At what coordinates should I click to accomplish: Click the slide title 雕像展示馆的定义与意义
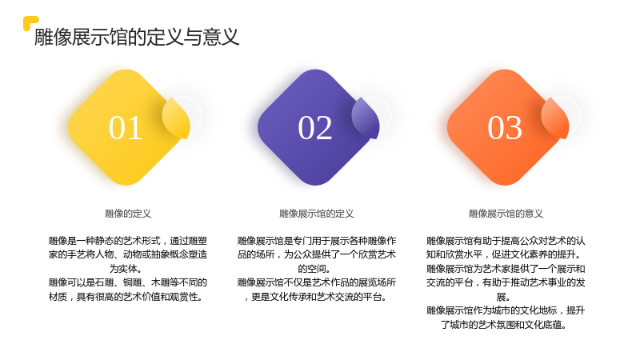point(137,37)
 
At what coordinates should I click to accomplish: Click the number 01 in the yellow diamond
point(126,128)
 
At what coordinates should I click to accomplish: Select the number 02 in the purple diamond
point(314,128)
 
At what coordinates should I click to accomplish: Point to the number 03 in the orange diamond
point(505,128)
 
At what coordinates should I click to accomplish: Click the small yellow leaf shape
point(176,118)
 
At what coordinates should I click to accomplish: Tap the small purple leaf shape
point(366,118)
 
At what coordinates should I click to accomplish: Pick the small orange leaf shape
point(555,118)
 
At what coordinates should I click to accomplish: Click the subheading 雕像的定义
point(128,214)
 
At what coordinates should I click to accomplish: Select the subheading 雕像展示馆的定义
point(316,214)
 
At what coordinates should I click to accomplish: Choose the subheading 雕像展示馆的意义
point(506,214)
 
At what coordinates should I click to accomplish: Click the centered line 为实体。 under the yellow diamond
point(126,269)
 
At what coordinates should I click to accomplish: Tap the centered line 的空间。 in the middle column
point(314,269)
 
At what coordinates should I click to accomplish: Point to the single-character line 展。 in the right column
point(503,297)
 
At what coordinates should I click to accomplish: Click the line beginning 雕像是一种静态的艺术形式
point(128,241)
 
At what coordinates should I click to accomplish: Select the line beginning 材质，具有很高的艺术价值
point(126,297)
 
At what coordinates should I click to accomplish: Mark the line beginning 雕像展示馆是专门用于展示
point(317,241)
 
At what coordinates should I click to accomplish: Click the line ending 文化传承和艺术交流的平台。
point(315,297)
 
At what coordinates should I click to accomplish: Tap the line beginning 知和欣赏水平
point(504,254)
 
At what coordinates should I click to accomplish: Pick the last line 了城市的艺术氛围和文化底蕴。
point(504,325)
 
